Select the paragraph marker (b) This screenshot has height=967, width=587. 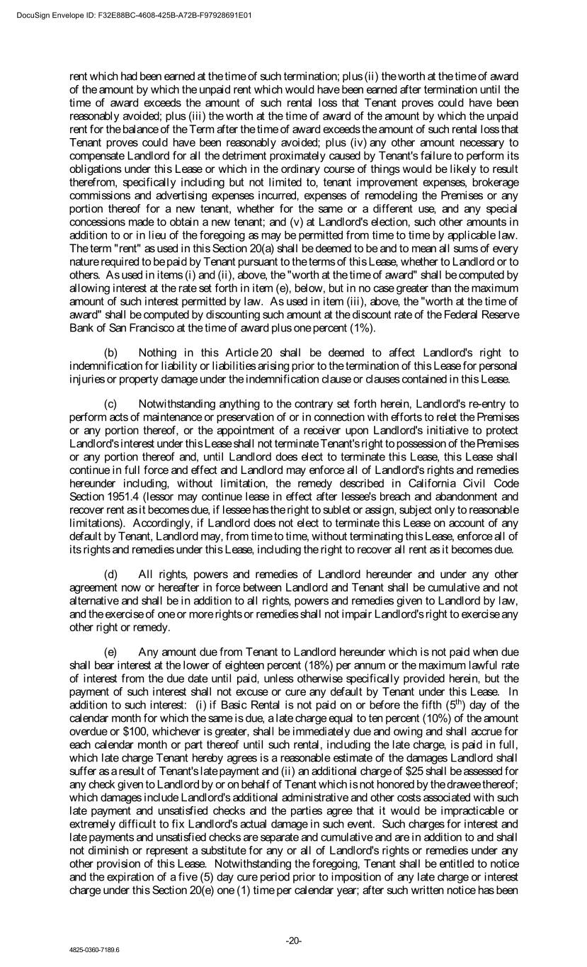tap(111, 353)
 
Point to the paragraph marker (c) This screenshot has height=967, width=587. tap(111, 404)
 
